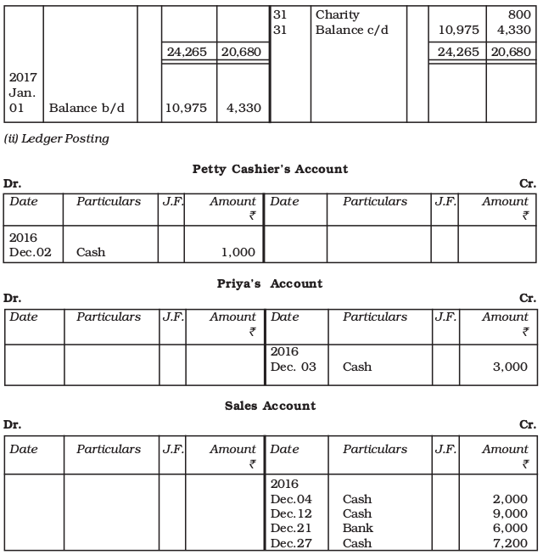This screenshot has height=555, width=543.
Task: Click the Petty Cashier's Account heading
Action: (270, 169)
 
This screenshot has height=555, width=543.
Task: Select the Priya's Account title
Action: (270, 283)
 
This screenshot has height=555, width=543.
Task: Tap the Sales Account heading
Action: (270, 406)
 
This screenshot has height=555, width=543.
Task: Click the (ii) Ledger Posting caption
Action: (57, 138)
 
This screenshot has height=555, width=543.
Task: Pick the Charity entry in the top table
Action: (337, 14)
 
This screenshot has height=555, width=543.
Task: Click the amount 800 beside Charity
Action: (519, 14)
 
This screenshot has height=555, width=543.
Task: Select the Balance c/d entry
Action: (350, 30)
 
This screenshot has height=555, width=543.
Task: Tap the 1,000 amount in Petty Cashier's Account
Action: (238, 253)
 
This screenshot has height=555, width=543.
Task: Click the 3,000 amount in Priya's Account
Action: (510, 367)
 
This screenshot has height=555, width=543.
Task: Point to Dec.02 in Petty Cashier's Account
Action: (30, 253)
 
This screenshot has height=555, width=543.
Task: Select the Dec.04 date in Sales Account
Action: (290, 499)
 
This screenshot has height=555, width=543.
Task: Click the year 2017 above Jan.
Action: (24, 77)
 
